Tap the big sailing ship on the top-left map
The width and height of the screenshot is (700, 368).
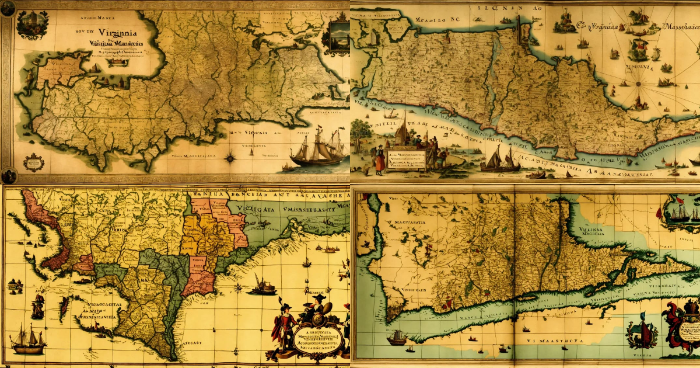[318, 149]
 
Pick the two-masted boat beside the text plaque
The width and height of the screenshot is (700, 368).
[501, 159]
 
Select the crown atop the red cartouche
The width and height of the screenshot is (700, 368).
[691, 305]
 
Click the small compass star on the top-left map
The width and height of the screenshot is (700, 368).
[231, 157]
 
